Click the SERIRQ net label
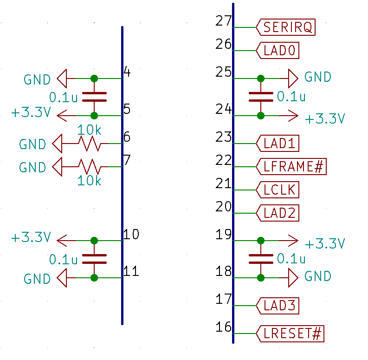(286, 27)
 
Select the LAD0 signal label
(278, 51)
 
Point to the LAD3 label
(278, 306)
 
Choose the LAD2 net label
(278, 213)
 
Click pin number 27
(223, 21)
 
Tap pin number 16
(223, 327)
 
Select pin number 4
(127, 72)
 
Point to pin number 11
(132, 271)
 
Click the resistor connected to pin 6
(90, 144)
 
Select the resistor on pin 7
(90, 166)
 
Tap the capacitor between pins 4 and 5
(94, 97)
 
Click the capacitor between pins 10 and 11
(94, 259)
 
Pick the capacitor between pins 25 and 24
(261, 97)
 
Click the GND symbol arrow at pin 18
(292, 278)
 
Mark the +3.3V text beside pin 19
(325, 244)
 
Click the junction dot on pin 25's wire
(261, 79)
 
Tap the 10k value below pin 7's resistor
(89, 180)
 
